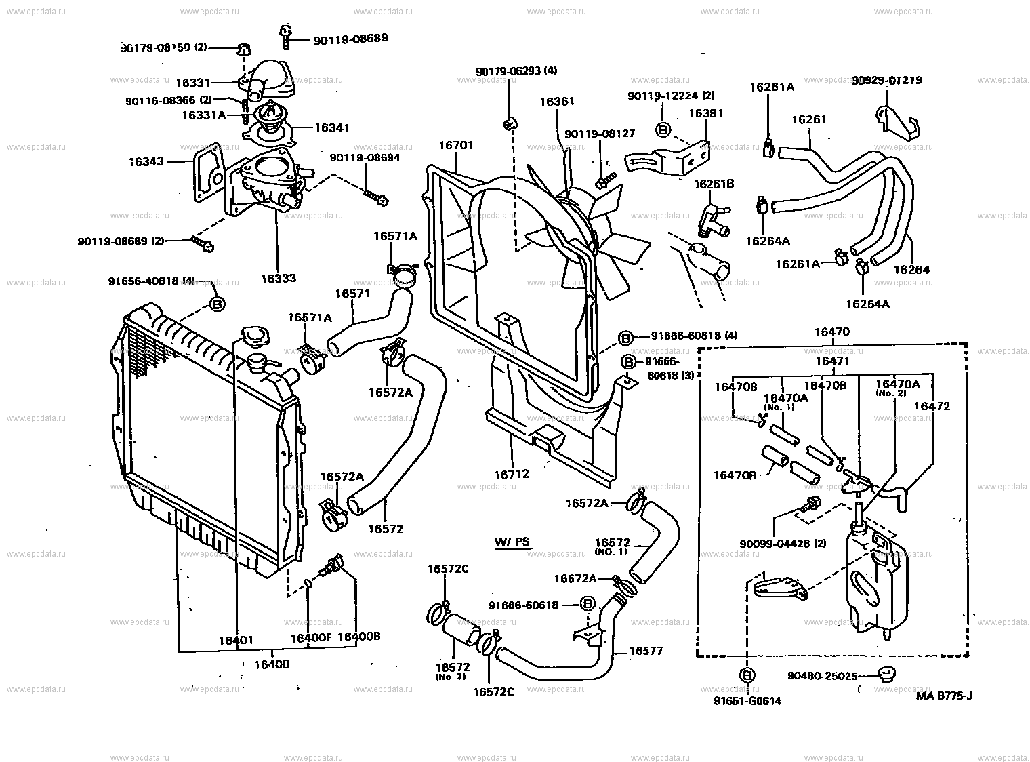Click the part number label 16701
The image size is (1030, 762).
(x=455, y=145)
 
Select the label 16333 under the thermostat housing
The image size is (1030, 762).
(x=278, y=278)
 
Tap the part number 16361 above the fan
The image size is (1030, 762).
(x=557, y=102)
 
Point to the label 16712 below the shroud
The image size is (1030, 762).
(x=512, y=475)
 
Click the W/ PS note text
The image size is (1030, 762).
(x=512, y=542)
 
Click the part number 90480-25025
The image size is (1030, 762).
(x=822, y=676)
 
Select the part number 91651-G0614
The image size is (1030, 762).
(x=747, y=701)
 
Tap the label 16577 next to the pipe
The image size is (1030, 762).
(x=646, y=651)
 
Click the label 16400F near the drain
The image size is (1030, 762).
(x=310, y=637)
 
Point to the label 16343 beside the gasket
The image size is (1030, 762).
(x=146, y=161)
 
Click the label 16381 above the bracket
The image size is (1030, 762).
(x=706, y=113)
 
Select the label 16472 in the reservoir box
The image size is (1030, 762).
(x=931, y=406)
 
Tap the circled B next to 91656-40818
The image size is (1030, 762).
(x=217, y=304)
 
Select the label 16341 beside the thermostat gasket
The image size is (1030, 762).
(x=332, y=127)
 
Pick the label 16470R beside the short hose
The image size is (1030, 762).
(x=735, y=475)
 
